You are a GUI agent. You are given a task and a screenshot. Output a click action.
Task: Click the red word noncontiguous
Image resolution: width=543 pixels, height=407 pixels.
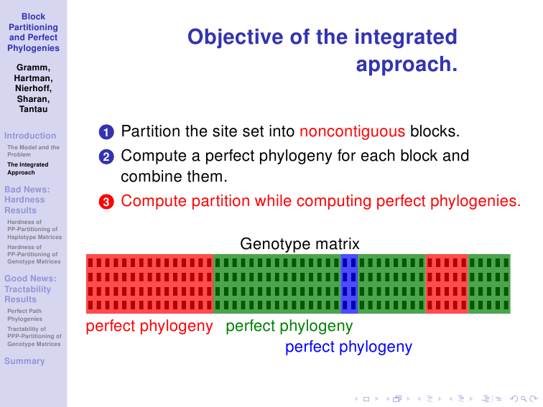coord(352,131)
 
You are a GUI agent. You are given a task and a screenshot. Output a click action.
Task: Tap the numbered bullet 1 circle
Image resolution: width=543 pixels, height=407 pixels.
coord(106,132)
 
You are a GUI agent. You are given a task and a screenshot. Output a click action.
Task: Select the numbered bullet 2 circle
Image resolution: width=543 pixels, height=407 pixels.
coord(106,156)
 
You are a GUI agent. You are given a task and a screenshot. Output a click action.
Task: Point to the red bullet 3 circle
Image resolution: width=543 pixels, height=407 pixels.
coord(106,202)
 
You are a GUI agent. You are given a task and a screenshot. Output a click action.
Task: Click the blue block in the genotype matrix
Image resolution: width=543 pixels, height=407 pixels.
coord(349,284)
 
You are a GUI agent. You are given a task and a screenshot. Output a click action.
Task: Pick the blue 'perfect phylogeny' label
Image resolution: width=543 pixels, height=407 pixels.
coord(349,347)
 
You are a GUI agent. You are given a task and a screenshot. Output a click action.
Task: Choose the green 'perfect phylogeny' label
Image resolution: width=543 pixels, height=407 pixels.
coord(289,326)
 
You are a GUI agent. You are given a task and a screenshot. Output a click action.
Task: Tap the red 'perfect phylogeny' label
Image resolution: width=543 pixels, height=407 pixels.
coord(149,326)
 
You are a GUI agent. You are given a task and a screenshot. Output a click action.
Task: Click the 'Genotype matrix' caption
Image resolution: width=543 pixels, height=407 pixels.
coord(300,244)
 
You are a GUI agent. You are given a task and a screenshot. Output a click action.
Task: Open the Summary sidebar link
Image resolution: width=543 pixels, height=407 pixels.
coord(24,361)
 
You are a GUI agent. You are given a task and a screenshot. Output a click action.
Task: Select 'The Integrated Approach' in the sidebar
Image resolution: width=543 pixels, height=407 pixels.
coord(28,169)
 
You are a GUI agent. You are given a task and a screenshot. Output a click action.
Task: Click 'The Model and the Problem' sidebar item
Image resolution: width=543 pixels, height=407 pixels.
coord(33,151)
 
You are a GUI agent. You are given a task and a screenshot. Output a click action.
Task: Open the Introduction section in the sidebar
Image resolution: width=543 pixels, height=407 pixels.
coord(30,136)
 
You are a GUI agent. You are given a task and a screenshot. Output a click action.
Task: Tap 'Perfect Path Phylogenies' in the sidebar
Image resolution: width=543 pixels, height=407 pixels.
coord(24,315)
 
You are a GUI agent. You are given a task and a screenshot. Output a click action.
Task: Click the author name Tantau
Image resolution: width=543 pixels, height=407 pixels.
coord(33,109)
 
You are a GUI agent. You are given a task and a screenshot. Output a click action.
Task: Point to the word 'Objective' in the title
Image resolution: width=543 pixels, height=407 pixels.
coord(235,37)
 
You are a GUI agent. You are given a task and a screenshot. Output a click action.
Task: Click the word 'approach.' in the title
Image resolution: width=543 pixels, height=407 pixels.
coord(407,65)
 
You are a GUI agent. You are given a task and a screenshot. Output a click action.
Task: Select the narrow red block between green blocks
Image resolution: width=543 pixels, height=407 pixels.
coord(447,284)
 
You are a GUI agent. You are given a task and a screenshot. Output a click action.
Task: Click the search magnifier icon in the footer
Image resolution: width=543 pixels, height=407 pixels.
coord(524,399)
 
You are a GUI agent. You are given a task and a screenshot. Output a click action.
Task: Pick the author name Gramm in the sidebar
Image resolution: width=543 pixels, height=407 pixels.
coord(33,67)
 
